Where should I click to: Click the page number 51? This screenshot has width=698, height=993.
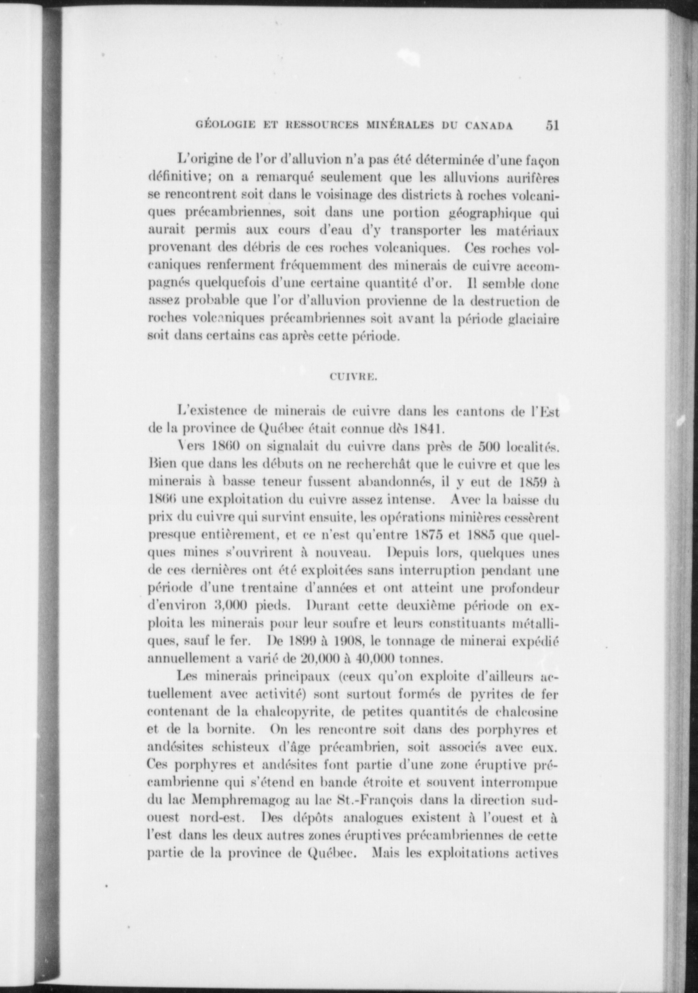(551, 126)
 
